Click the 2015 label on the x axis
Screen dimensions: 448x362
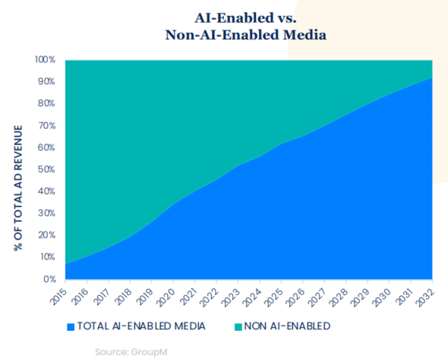click(58, 296)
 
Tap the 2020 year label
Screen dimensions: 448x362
click(166, 297)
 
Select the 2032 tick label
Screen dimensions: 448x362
click(425, 297)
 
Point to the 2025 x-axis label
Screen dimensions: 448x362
click(273, 297)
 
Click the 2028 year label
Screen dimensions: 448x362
click(339, 297)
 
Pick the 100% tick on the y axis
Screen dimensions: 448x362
click(45, 60)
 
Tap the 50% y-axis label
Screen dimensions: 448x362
click(46, 169)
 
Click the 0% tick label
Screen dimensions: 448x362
click(49, 279)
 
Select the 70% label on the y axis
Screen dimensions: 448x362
click(46, 126)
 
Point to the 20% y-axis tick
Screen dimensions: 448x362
click(46, 235)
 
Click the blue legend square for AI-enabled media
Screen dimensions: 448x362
click(71, 327)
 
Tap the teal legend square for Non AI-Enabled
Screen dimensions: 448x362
click(238, 327)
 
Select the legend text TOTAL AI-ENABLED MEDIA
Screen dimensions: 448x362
click(141, 326)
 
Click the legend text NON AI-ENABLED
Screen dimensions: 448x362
click(288, 326)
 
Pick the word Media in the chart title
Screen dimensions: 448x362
click(304, 35)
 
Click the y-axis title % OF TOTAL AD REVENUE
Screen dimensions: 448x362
click(18, 188)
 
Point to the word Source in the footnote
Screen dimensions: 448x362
click(112, 352)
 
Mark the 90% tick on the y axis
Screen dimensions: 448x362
click(46, 82)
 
